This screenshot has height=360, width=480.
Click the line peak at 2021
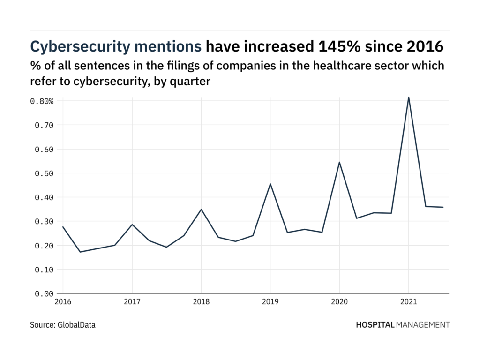point(409,97)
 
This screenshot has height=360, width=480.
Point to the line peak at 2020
point(339,162)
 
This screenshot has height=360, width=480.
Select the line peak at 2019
point(270,184)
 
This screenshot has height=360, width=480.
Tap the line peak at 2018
point(201,209)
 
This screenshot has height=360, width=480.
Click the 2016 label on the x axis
point(63,302)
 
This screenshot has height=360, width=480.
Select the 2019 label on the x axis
point(270,302)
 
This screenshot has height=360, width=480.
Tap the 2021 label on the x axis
point(409,302)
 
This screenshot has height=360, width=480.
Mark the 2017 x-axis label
point(132,302)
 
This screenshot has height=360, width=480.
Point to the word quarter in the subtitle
point(192,81)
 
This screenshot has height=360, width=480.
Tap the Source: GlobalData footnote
point(63,324)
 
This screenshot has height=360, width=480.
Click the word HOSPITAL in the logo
point(375,324)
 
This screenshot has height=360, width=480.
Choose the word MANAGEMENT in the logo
point(423,324)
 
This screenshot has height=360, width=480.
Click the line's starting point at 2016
point(63,227)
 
